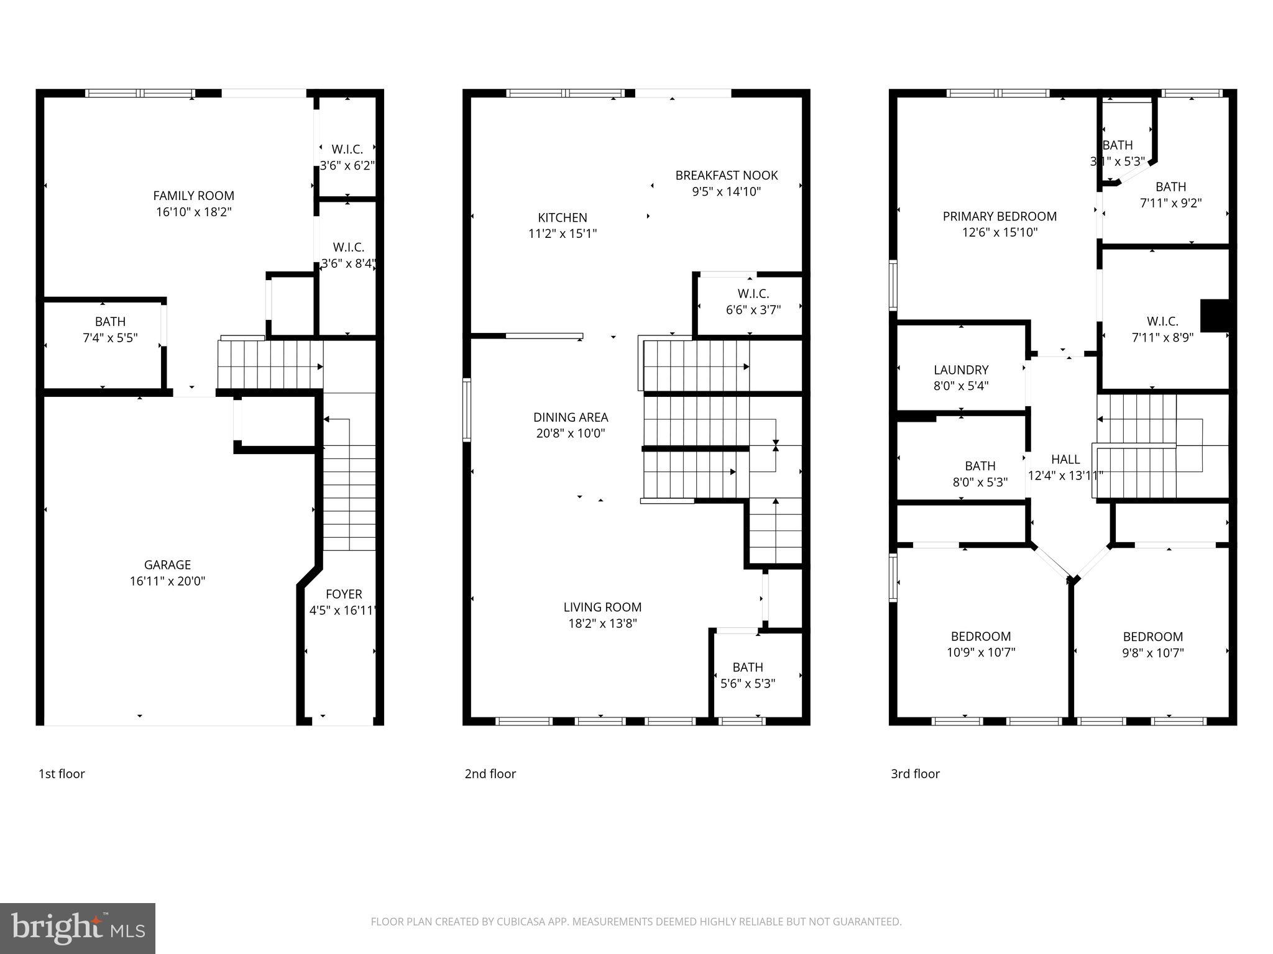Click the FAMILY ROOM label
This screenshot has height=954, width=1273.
(193, 196)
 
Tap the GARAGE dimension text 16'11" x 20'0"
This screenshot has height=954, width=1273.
(167, 581)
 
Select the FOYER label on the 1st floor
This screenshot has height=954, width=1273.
(343, 594)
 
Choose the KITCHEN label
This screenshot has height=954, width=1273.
(562, 217)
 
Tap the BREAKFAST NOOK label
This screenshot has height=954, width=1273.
(726, 175)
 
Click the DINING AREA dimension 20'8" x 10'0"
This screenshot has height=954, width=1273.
(570, 434)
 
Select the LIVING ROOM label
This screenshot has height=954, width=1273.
(602, 607)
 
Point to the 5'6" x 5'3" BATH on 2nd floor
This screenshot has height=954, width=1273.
(747, 675)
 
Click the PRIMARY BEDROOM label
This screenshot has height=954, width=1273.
(999, 216)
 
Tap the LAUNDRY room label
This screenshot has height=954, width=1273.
(960, 370)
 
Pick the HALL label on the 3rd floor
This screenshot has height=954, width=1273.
(1065, 460)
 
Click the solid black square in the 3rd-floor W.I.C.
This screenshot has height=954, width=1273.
(1215, 316)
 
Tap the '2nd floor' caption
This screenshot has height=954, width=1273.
(490, 774)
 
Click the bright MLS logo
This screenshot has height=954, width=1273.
(78, 929)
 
